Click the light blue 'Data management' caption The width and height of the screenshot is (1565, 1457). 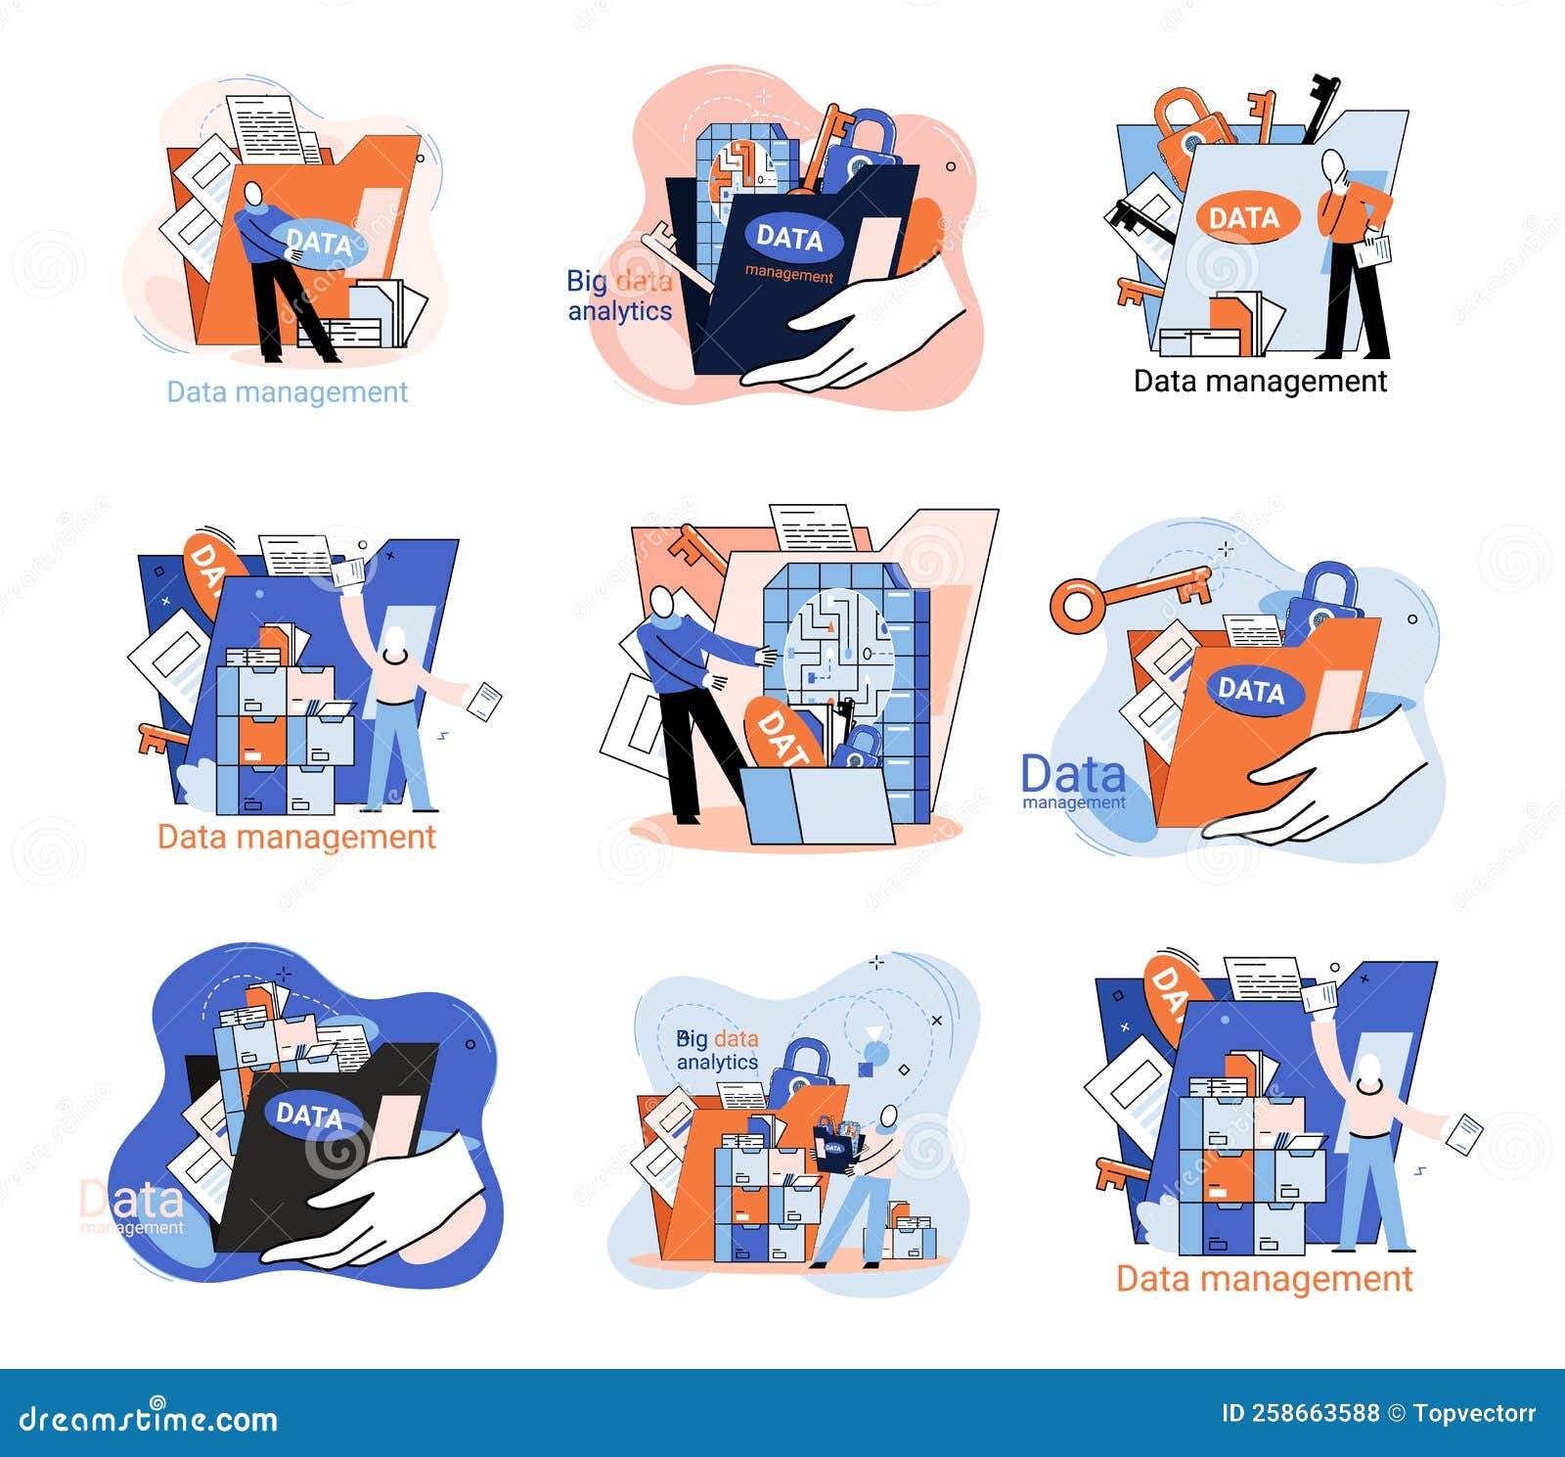click(x=287, y=391)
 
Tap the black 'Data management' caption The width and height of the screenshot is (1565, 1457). click(x=1260, y=381)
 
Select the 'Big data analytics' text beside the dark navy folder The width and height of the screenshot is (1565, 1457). click(x=619, y=296)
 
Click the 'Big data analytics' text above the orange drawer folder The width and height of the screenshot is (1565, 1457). click(x=717, y=1050)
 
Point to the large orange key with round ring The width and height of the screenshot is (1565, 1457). click(x=1125, y=593)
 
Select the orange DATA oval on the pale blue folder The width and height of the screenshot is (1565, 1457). click(x=1243, y=217)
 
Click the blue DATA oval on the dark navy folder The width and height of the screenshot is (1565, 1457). click(x=789, y=237)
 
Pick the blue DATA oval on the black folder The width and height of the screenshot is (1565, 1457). click(x=308, y=1115)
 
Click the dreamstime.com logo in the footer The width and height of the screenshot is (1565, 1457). click(x=149, y=1417)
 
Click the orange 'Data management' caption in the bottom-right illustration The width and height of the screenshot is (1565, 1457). click(x=1264, y=1279)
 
